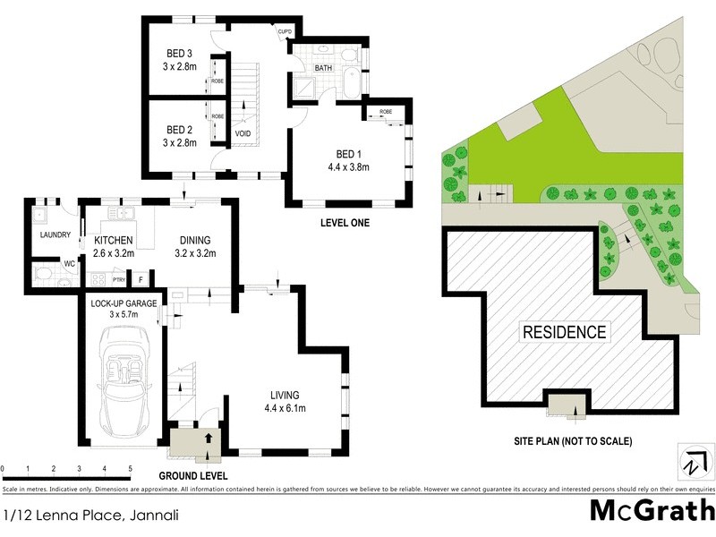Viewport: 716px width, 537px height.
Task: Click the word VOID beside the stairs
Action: pos(243,134)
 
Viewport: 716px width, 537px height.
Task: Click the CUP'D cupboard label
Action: pos(286,32)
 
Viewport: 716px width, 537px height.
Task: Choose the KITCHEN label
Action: pos(113,240)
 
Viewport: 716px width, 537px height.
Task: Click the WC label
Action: pos(68,263)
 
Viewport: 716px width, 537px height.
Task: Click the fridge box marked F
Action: pos(140,280)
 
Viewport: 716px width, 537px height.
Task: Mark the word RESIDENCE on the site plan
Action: pos(564,332)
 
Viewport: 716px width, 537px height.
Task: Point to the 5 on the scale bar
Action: pos(130,469)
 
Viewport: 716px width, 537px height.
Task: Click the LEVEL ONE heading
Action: pos(345,222)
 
